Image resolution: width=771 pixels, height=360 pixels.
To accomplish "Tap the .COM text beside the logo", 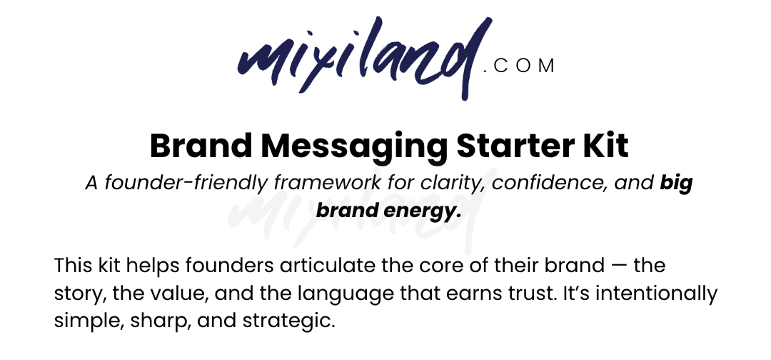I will click(x=519, y=66).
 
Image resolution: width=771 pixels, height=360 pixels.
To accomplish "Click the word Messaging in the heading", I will click(x=355, y=146).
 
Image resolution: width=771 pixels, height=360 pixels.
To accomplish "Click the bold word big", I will click(x=676, y=184).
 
